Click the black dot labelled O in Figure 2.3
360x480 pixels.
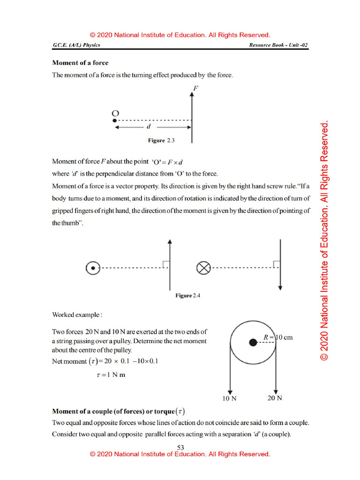(x=114, y=120)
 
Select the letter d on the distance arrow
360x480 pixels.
(x=149, y=127)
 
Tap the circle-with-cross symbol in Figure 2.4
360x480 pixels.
(x=202, y=269)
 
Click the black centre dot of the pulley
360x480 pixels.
(x=253, y=343)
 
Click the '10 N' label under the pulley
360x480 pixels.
(x=229, y=399)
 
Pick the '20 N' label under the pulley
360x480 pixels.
(x=274, y=398)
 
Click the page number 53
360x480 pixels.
(x=180, y=447)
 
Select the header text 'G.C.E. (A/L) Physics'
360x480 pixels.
(x=76, y=45)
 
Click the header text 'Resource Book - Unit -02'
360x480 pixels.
(x=278, y=45)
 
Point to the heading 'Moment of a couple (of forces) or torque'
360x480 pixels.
(x=118, y=412)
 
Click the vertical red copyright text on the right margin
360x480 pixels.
(x=324, y=241)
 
